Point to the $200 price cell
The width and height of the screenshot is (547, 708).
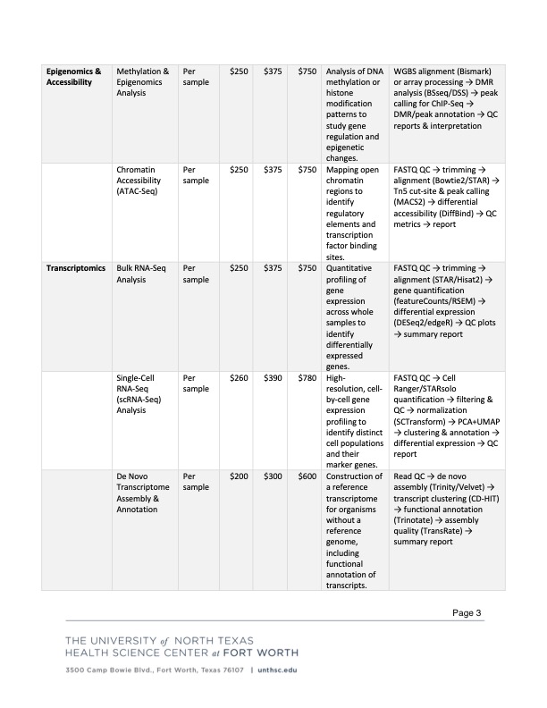[x=239, y=476]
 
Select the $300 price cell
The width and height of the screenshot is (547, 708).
[x=273, y=476]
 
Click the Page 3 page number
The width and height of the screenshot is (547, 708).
[x=467, y=612]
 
